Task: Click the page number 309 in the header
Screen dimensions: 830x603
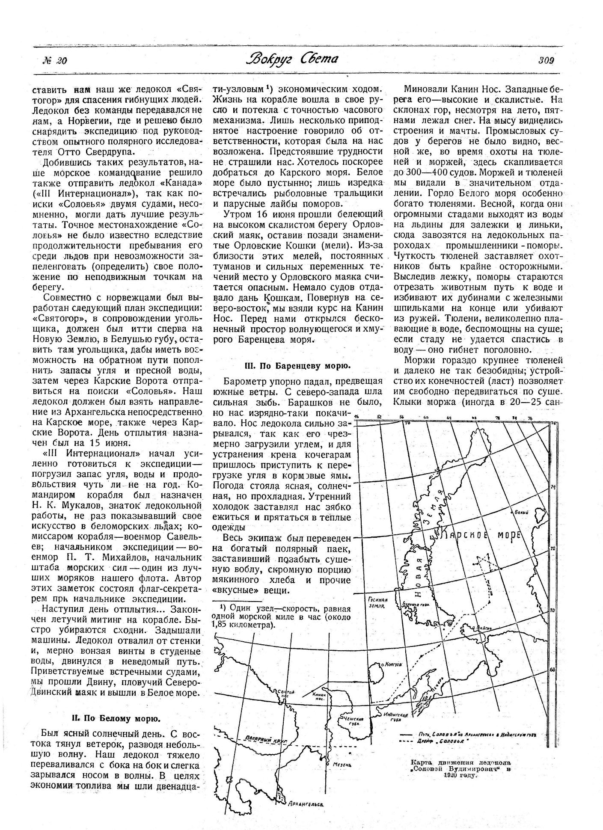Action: (x=546, y=60)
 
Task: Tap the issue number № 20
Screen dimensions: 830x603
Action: (x=55, y=61)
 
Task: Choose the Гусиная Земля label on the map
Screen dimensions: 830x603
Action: (x=377, y=602)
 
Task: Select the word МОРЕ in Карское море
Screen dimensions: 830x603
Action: (x=508, y=535)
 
